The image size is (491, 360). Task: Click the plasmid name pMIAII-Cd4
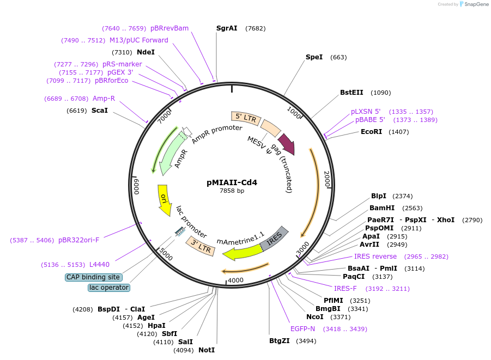point(232,183)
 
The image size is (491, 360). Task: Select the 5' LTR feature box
point(246,117)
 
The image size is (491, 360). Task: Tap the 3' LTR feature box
point(199,246)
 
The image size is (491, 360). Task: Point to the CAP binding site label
point(93,277)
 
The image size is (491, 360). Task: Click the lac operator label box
point(109,287)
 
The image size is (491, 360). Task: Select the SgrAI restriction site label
point(227,28)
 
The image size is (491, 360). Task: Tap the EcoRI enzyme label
point(371,132)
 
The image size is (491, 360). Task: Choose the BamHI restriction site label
point(382,208)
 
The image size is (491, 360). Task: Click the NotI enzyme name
point(207,350)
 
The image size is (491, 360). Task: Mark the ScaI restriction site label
point(100,111)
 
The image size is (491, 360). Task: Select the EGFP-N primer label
point(302,329)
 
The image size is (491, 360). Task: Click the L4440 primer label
point(99,265)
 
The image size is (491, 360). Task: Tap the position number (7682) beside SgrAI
point(255,28)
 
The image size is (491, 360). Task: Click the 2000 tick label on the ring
point(326,179)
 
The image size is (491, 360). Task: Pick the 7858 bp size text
point(232,191)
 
